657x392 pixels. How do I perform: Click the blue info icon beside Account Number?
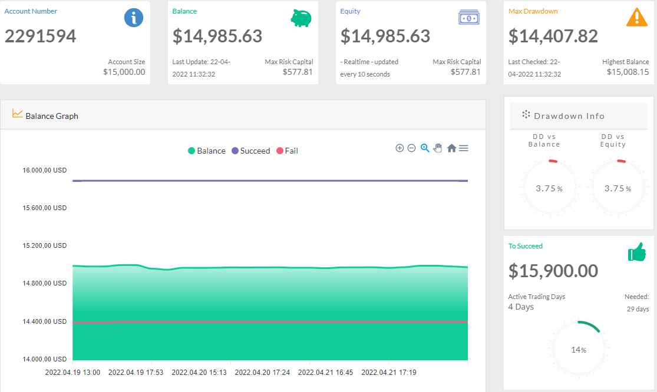click(x=134, y=18)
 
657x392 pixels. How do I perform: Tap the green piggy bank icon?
click(x=301, y=18)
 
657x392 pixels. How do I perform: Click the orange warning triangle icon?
click(x=637, y=17)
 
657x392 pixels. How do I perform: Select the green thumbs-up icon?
click(x=637, y=252)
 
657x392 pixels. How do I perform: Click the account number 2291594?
click(x=40, y=36)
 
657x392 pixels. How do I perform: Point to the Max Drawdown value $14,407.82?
click(x=553, y=36)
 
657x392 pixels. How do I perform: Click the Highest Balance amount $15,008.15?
click(x=628, y=72)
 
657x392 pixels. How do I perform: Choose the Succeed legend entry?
click(x=250, y=151)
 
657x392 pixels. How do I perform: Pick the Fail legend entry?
click(x=287, y=151)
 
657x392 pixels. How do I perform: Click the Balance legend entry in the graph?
click(x=207, y=151)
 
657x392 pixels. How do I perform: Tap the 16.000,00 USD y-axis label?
click(x=44, y=170)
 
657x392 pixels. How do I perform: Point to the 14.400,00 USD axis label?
click(x=44, y=321)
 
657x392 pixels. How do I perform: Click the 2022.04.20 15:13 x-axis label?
click(x=199, y=373)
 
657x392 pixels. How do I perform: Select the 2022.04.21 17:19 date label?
click(x=389, y=373)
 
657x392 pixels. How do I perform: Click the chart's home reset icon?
click(x=451, y=148)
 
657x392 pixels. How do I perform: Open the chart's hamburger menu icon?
click(x=463, y=148)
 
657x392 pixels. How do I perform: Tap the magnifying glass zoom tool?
click(x=425, y=148)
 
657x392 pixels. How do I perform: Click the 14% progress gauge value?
click(x=579, y=350)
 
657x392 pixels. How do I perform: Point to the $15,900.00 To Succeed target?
click(x=553, y=271)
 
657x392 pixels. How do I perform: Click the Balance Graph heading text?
click(x=52, y=116)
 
